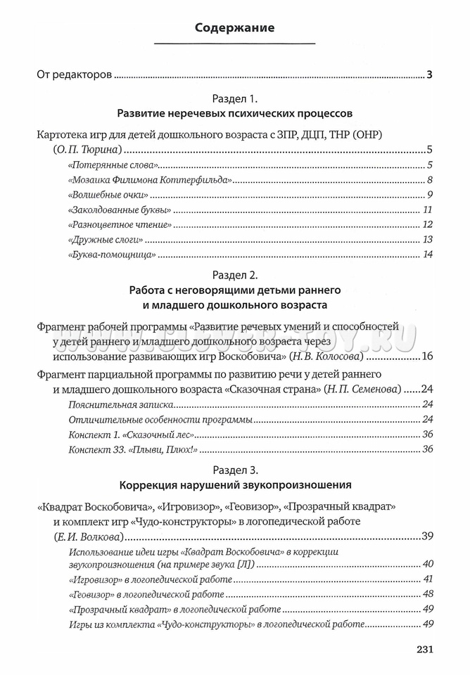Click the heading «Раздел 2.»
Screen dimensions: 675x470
tap(234, 274)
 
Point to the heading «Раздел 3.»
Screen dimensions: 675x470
tap(234, 468)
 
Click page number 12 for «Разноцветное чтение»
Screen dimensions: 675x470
tap(426, 224)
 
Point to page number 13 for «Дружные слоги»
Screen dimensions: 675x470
tap(426, 240)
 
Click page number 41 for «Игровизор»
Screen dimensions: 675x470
tap(426, 579)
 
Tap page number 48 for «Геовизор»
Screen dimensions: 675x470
tap(426, 594)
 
